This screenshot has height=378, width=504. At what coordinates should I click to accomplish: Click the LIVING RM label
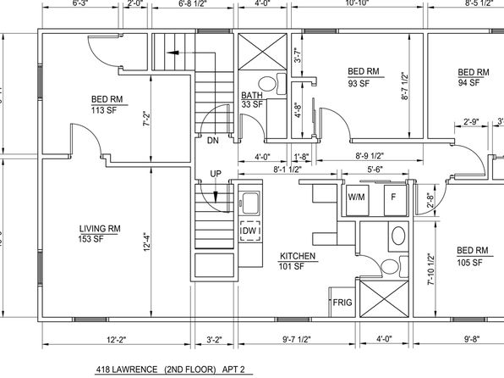click(100, 229)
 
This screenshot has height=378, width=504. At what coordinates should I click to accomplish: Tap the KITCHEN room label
click(298, 256)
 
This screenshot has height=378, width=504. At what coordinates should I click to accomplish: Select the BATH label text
click(252, 96)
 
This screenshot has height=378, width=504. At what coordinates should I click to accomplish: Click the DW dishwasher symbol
click(250, 231)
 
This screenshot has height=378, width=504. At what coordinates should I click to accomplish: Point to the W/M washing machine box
click(357, 200)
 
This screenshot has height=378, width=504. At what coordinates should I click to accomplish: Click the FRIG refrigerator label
click(342, 303)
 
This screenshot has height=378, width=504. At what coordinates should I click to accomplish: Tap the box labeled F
click(396, 200)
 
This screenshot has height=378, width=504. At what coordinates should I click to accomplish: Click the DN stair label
click(213, 141)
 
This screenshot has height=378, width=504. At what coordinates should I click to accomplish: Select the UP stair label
click(216, 174)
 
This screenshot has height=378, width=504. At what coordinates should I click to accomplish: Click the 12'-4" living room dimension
click(146, 242)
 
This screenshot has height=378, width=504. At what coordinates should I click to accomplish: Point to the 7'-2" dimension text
click(146, 120)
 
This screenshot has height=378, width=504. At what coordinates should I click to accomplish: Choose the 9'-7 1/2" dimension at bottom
click(297, 339)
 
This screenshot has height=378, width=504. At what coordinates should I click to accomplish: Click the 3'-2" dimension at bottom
click(215, 339)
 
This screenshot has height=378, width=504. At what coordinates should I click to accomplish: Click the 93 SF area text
click(359, 83)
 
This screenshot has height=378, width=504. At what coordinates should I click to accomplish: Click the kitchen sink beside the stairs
click(250, 203)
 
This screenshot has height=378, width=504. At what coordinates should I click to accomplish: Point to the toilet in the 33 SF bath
click(272, 83)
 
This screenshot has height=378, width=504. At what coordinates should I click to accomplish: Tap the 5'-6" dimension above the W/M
click(375, 170)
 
